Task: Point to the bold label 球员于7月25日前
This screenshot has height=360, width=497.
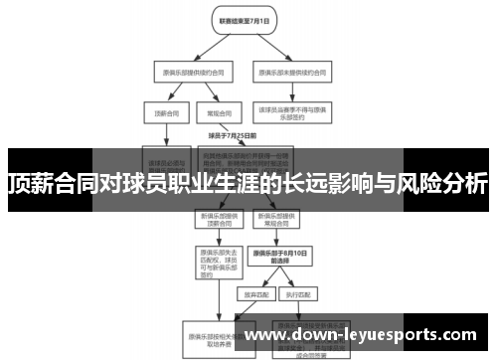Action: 233,135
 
